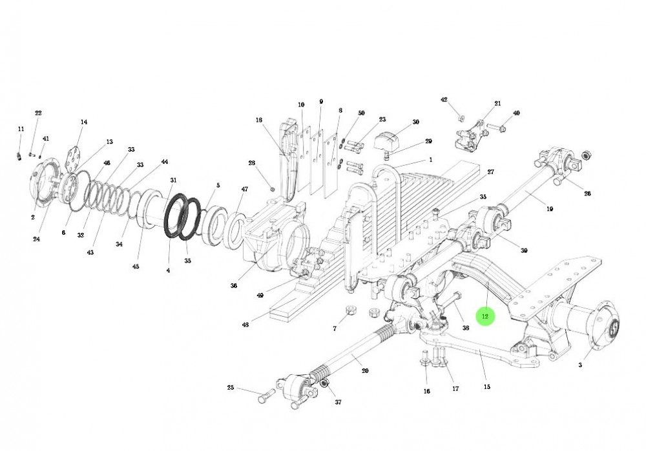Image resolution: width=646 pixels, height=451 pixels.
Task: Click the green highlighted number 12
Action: click(485, 317)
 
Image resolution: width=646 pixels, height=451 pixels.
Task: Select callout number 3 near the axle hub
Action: click(579, 365)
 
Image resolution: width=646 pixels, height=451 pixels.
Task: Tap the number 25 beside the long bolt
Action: click(231, 388)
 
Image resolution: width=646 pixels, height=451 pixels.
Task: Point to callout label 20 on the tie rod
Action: click(365, 371)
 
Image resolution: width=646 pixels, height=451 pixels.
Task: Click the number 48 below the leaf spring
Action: click(245, 325)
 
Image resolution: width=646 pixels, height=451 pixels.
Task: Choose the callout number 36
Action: click(233, 285)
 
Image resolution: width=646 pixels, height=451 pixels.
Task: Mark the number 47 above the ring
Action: click(244, 189)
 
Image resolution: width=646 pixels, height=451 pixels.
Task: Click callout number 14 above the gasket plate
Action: click(83, 122)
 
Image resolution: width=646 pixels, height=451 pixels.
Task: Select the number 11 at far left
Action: click(21, 130)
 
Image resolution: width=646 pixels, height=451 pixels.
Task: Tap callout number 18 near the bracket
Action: click(259, 120)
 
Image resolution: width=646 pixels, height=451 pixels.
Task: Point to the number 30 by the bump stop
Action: click(415, 122)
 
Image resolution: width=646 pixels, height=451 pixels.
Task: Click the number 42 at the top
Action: click(444, 100)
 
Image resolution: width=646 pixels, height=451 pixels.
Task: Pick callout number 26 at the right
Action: click(587, 194)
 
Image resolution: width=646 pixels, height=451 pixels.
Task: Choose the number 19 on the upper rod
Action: click(550, 208)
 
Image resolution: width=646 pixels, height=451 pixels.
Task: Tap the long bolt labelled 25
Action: click(265, 396)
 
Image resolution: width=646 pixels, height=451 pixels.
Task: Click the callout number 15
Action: click(486, 386)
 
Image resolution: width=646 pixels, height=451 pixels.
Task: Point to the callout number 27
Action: click(491, 172)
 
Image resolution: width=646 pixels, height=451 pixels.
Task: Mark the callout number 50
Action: click(361, 113)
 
